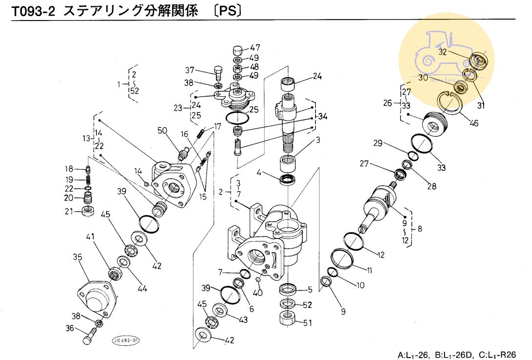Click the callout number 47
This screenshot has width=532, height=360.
click(x=255, y=48)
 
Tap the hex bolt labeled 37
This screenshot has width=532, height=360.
click(x=218, y=74)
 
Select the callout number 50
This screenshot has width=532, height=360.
click(x=163, y=130)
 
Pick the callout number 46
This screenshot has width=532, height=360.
click(x=473, y=123)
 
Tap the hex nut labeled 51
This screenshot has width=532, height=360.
click(x=287, y=320)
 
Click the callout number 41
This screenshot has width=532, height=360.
click(x=91, y=236)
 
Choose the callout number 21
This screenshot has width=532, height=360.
click(x=69, y=211)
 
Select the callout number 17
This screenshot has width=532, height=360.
click(x=217, y=127)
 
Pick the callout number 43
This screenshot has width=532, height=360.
click(x=243, y=320)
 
